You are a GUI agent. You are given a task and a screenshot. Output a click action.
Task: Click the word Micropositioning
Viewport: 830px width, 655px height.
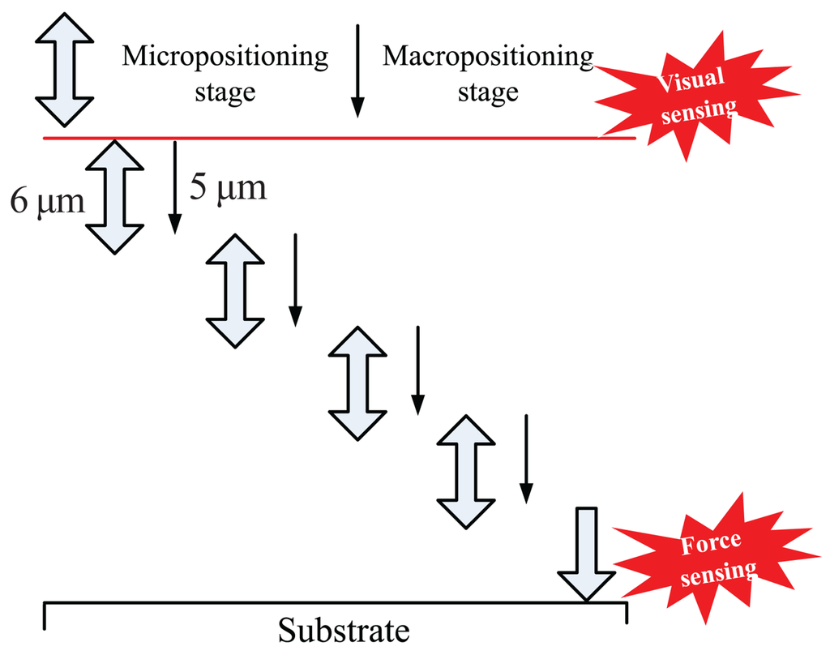(225, 57)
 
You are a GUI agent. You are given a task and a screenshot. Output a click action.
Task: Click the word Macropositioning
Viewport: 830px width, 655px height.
(488, 57)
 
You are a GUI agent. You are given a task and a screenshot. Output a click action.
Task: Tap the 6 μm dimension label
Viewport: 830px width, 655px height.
(47, 201)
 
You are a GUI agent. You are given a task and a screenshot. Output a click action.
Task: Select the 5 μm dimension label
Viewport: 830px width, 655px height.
(228, 187)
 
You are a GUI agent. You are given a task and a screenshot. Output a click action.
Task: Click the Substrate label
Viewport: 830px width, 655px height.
(344, 630)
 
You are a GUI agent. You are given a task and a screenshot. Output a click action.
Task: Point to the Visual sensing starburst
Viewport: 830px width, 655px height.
(696, 96)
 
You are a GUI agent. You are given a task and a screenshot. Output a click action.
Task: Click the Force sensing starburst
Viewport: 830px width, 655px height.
(716, 559)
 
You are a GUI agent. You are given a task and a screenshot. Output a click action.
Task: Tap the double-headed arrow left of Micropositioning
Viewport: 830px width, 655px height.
(65, 70)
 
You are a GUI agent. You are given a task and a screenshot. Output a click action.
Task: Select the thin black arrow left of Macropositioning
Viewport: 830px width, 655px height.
(357, 71)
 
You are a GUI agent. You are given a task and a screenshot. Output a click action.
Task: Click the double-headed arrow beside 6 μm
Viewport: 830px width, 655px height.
(115, 197)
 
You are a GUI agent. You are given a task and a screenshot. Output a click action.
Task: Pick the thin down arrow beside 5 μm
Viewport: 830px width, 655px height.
(175, 187)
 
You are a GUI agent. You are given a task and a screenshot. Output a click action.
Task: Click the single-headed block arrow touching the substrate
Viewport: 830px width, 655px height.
(587, 554)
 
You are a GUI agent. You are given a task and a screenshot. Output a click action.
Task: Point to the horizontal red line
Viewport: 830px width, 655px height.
(340, 138)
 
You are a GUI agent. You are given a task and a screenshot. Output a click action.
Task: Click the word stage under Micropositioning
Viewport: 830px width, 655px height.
(225, 92)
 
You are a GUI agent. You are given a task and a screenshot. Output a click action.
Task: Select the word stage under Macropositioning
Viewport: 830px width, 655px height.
(488, 92)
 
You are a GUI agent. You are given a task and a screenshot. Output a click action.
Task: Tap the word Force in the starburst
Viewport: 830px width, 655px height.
(711, 543)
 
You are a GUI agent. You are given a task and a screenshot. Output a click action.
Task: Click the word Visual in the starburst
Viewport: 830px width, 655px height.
(691, 80)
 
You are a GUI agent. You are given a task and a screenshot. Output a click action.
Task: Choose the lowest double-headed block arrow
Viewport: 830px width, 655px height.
(466, 472)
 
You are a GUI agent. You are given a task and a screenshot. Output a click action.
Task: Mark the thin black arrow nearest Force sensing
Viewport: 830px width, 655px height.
(526, 459)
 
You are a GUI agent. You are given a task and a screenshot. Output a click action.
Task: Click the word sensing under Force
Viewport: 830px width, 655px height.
(718, 573)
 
